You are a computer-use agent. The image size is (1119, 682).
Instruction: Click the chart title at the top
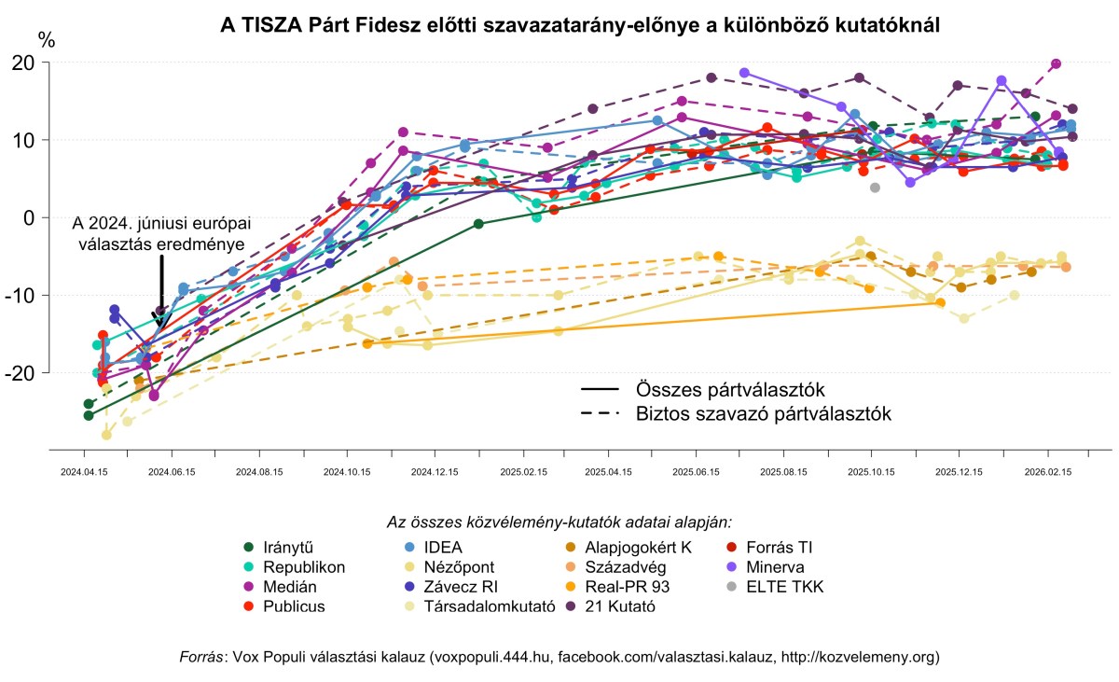coord(579,25)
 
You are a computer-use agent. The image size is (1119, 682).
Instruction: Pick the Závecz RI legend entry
coord(459,587)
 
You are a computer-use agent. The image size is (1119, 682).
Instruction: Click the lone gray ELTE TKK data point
coord(875,188)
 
